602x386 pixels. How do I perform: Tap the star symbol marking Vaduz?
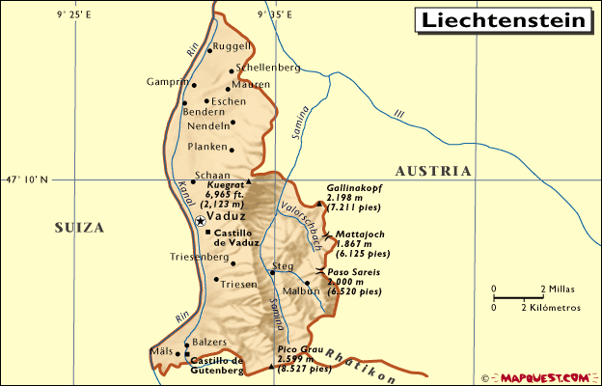click(201, 221)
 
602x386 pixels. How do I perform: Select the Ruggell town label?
click(233, 46)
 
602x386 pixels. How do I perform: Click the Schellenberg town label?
click(268, 68)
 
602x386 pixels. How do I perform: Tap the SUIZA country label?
click(78, 228)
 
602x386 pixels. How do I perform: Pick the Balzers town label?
click(209, 342)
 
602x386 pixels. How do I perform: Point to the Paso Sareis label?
click(361, 273)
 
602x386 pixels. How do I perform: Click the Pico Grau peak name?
click(299, 349)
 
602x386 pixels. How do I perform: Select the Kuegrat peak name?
click(227, 185)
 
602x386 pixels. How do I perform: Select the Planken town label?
click(205, 148)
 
